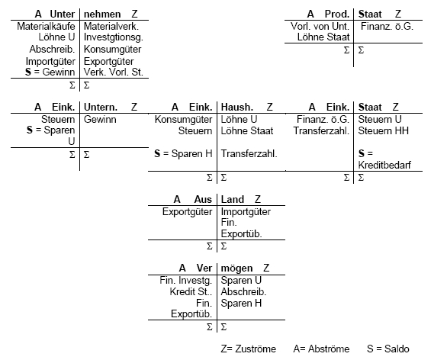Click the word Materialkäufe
click(46, 26)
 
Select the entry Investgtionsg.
click(114, 37)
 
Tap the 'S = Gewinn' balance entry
click(50, 72)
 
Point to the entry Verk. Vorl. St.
click(113, 72)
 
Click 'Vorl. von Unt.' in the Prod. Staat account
click(320, 26)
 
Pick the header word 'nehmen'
click(102, 14)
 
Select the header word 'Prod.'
click(337, 14)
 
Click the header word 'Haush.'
click(237, 108)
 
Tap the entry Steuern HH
click(384, 131)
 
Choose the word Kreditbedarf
click(384, 165)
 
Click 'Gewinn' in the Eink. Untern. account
click(100, 119)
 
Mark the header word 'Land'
click(233, 199)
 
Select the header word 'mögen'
click(237, 268)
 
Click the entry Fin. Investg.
click(186, 281)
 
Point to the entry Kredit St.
click(191, 292)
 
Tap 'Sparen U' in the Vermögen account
click(241, 281)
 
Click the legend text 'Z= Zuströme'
click(249, 349)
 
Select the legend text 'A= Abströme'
click(321, 349)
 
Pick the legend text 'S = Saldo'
click(388, 349)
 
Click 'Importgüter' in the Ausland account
click(246, 212)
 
